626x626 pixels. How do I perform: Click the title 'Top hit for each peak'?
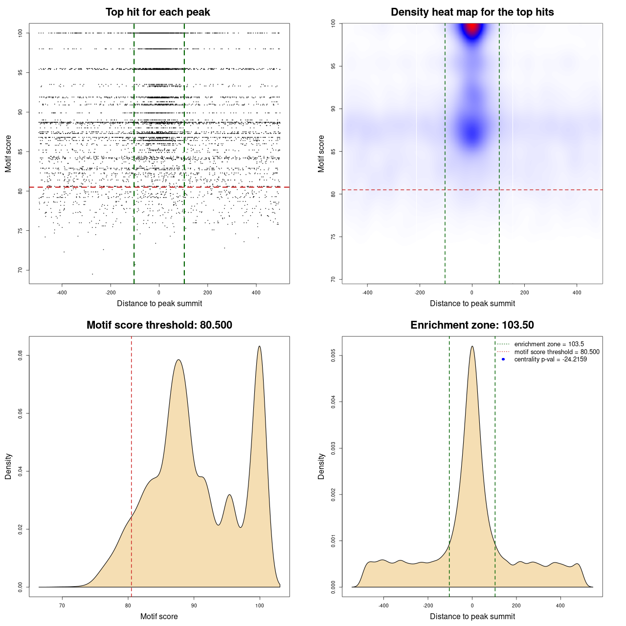157,12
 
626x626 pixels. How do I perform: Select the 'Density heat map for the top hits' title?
472,12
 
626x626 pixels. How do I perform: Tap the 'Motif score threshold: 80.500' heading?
159,325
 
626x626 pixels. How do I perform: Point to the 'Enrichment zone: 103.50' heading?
472,325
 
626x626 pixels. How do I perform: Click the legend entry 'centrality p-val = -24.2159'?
550,359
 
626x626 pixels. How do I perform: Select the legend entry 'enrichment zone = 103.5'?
549,344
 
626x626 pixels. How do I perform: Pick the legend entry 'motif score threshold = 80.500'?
557,352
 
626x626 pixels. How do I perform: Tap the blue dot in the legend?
503,359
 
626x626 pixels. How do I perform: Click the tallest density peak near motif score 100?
259,347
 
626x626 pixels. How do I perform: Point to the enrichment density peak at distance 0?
472,347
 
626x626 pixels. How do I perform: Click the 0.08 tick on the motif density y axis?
21,355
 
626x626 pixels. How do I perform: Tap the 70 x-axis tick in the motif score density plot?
62,605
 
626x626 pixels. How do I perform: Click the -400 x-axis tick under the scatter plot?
62,292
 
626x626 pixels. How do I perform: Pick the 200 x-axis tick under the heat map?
524,292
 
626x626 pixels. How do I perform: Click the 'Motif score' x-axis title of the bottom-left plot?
159,616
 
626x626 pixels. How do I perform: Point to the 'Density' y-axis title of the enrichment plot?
321,466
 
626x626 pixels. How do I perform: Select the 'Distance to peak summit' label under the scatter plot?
159,303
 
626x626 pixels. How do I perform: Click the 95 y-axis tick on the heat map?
334,66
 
